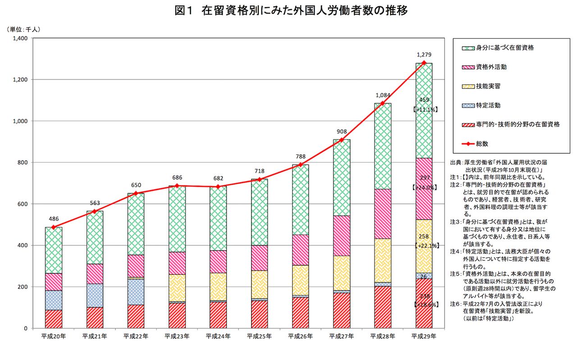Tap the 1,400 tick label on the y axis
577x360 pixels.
point(21,38)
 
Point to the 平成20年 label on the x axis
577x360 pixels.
point(53,336)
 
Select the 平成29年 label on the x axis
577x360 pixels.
point(424,336)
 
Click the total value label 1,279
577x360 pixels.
point(424,55)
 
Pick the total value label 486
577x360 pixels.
point(53,219)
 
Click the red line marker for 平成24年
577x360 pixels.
point(218,187)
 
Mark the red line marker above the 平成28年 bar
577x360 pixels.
point(383,103)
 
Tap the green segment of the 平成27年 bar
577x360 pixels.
point(342,178)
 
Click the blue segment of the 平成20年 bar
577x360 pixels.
point(53,300)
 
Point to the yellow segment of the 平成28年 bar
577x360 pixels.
point(383,260)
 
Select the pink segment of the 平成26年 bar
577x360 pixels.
point(300,249)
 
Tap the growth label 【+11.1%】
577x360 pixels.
point(424,109)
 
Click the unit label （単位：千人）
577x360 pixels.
point(23,29)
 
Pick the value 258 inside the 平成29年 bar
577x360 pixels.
point(424,236)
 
